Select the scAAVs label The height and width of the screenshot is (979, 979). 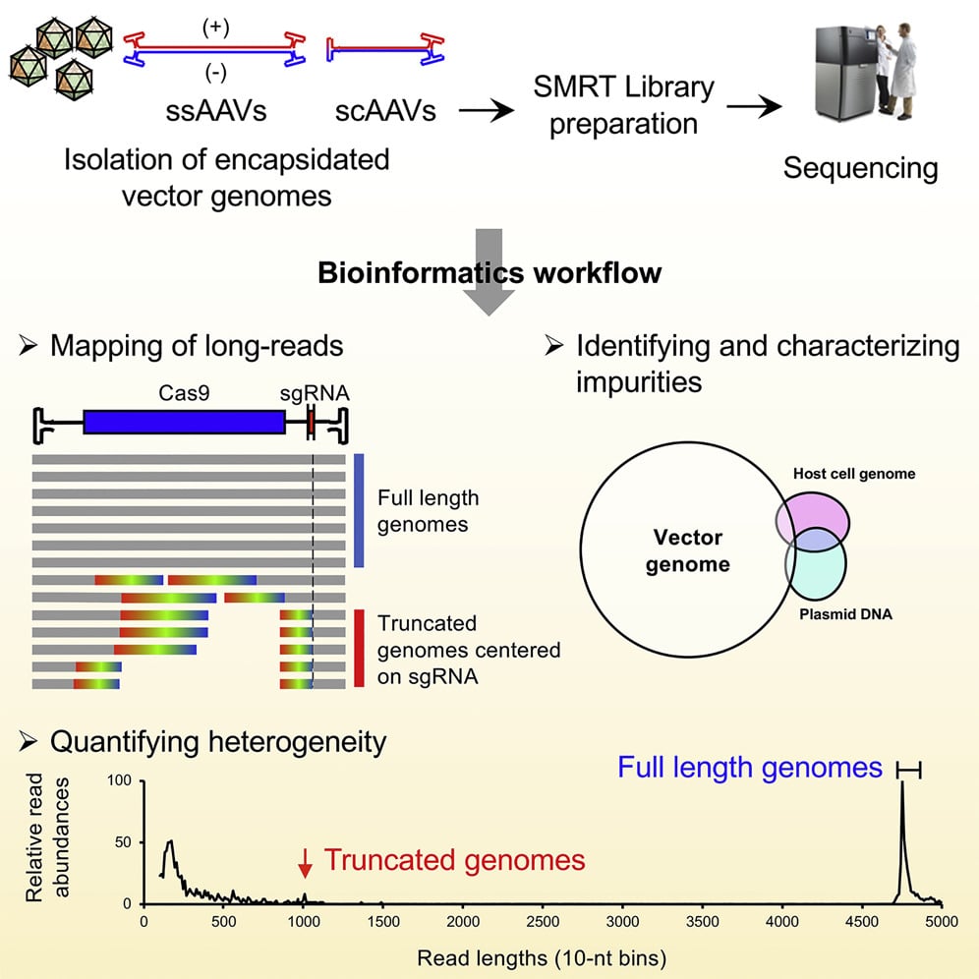click(384, 110)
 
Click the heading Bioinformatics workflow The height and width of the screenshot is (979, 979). click(489, 272)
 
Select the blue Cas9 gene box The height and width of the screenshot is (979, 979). click(184, 422)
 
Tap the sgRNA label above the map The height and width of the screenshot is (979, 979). click(314, 393)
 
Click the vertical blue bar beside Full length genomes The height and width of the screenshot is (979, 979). click(359, 510)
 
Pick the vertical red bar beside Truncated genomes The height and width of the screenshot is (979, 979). click(359, 648)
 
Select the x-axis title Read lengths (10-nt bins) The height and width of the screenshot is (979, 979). click(543, 954)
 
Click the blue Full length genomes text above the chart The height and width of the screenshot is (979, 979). click(750, 768)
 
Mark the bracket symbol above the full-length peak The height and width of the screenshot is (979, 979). click(909, 773)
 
